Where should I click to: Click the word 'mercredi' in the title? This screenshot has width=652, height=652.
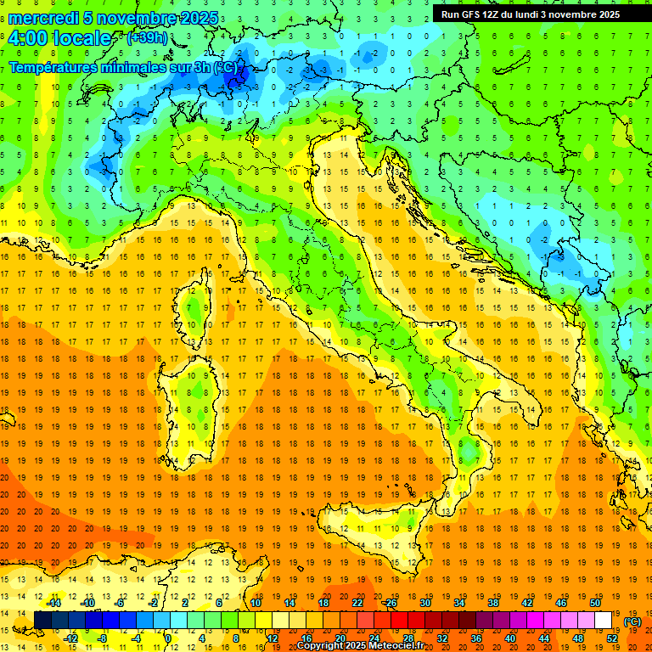pyautogui.click(x=44, y=18)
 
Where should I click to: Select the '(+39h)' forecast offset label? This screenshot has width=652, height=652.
pyautogui.click(x=146, y=38)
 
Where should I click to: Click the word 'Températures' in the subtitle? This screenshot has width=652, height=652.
pyautogui.click(x=54, y=67)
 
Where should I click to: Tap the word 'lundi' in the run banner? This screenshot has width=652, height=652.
pyautogui.click(x=535, y=14)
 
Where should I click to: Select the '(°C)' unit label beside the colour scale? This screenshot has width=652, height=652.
pyautogui.click(x=632, y=621)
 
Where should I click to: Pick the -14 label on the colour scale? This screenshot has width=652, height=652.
pyautogui.click(x=54, y=603)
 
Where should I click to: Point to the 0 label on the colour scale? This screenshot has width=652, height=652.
pyautogui.click(x=167, y=638)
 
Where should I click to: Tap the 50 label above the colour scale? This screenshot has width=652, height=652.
pyautogui.click(x=595, y=603)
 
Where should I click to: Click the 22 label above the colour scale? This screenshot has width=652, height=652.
pyautogui.click(x=357, y=603)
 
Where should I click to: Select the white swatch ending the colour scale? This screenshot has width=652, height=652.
pyautogui.click(x=603, y=621)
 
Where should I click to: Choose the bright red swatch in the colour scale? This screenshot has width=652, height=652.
pyautogui.click(x=399, y=621)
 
